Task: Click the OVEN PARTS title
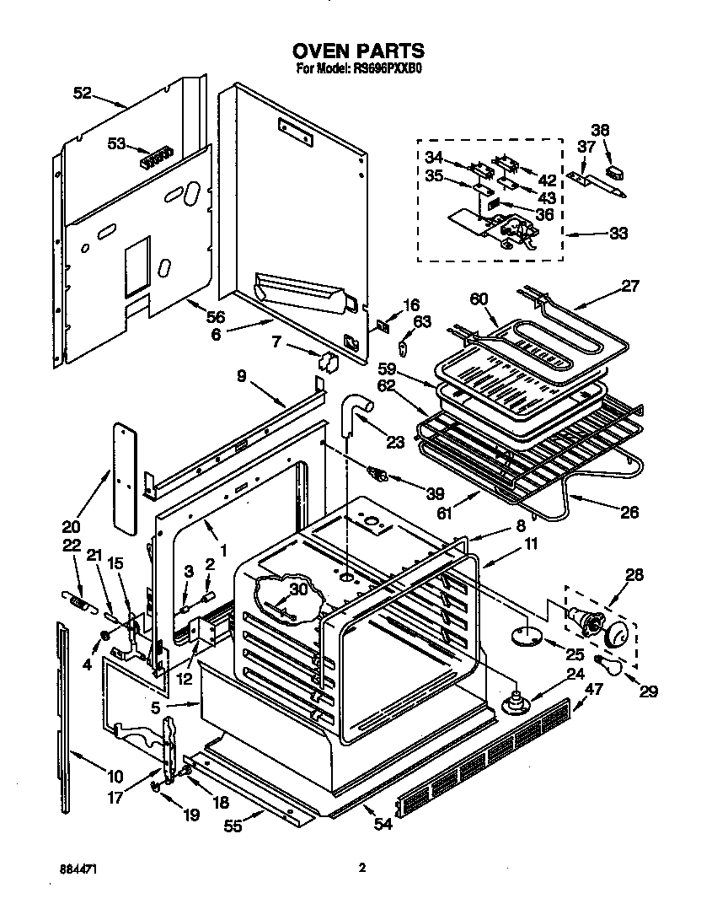[359, 52]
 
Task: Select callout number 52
[82, 94]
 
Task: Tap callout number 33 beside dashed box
[618, 234]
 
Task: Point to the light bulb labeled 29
[609, 665]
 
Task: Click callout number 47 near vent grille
[594, 689]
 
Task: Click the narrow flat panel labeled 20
[125, 476]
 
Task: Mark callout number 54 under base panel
[383, 825]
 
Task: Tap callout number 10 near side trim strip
[115, 777]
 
